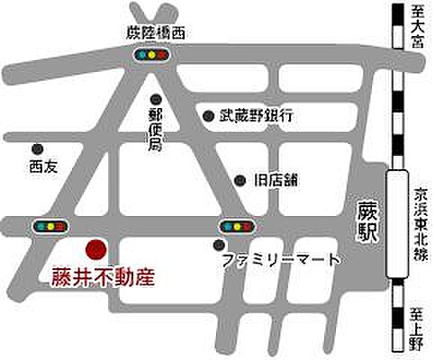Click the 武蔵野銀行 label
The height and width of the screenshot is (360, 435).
[x=255, y=115]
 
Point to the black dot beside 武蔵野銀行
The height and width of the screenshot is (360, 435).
[x=209, y=115]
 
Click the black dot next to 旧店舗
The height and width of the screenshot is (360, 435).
[x=240, y=180]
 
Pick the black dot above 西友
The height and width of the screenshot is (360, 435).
[x=38, y=148]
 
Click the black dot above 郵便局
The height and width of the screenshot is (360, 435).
[x=155, y=100]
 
